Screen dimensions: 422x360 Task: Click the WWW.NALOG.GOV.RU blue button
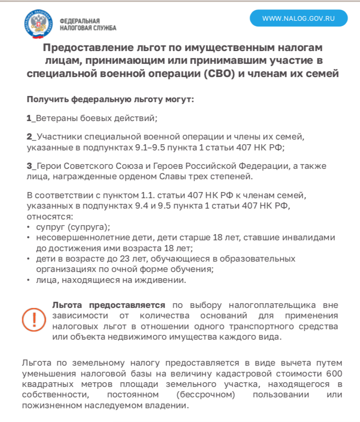(299, 18)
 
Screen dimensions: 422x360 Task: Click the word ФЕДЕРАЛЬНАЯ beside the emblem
(79, 21)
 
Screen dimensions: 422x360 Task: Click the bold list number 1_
(31, 118)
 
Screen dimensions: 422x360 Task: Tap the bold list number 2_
(31, 137)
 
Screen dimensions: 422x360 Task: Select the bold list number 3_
(31, 166)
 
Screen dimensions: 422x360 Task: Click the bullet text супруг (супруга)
(73, 227)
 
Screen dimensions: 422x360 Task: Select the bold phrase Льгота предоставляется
(108, 305)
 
